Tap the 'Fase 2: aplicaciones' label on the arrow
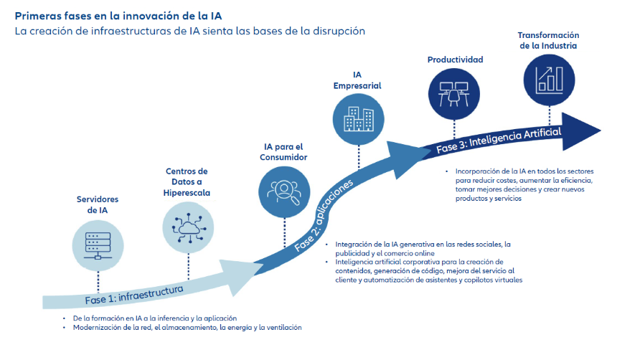pos(325,216)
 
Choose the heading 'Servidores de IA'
pos(98,204)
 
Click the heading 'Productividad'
pos(455,60)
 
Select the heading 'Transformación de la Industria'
pos(548,40)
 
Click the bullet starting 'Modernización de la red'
pos(187,328)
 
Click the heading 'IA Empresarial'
pos(357,80)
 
